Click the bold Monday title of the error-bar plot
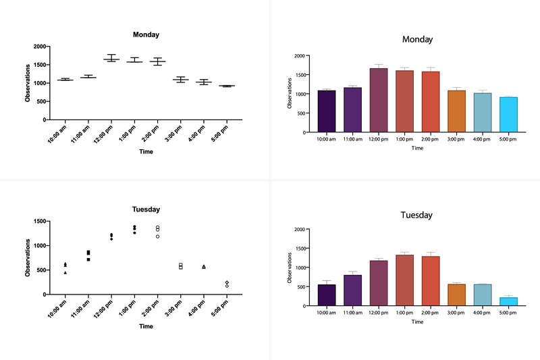(x=146, y=34)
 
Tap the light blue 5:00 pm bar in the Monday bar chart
(x=508, y=115)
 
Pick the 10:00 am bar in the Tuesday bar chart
(x=326, y=295)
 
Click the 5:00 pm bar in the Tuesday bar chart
(x=508, y=301)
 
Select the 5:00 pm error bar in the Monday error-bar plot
(x=227, y=86)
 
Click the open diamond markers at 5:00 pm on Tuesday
(x=227, y=284)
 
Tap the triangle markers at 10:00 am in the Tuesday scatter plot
(x=65, y=267)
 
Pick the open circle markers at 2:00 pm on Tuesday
(x=157, y=231)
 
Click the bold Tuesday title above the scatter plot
(x=146, y=209)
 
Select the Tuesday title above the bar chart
(x=417, y=215)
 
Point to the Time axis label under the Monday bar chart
(x=417, y=148)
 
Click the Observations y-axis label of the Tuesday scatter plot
(x=27, y=258)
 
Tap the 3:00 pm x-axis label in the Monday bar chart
(x=456, y=140)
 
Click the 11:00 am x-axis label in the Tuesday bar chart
(x=352, y=313)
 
